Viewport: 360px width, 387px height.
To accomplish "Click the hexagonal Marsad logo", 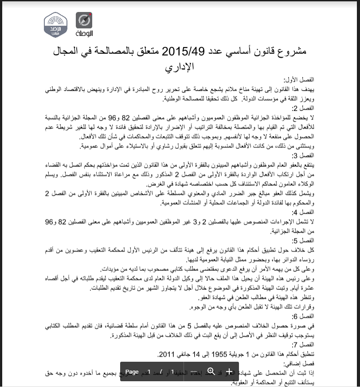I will [55, 25].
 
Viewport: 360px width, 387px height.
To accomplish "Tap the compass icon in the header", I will [84, 20].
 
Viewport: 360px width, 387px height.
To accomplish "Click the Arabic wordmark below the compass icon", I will [84, 33].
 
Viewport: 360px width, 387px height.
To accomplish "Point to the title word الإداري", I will [180, 67].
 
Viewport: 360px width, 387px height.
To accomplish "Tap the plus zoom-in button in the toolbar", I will [229, 371].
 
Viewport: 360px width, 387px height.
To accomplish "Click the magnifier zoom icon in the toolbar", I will [211, 371].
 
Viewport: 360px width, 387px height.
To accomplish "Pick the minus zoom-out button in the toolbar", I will [194, 371].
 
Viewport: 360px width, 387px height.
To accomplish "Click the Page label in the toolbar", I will [132, 371].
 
